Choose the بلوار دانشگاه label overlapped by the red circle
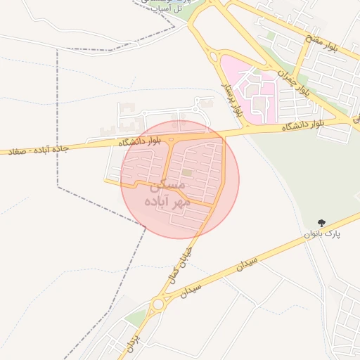click(x=140, y=141)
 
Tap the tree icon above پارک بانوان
click(x=322, y=223)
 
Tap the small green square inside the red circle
click(x=186, y=172)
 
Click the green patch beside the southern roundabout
click(x=137, y=316)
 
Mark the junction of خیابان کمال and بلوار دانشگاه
click(x=224, y=135)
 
